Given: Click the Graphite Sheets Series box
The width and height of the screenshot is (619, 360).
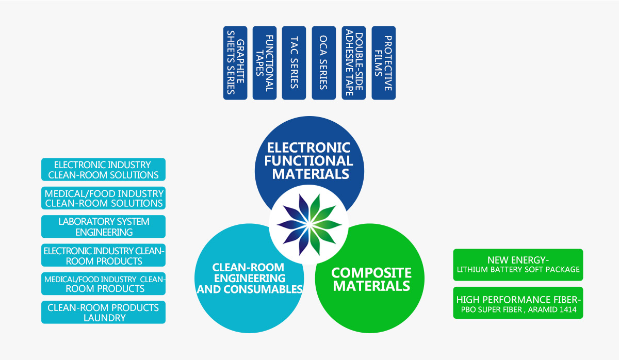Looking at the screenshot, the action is click(235, 63).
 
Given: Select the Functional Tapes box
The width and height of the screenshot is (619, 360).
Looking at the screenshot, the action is click(265, 63).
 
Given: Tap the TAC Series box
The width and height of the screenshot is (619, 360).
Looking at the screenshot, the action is click(294, 63).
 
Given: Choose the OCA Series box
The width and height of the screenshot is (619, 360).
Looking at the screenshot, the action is click(323, 63).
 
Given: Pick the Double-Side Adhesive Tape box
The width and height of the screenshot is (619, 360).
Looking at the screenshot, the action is click(354, 63).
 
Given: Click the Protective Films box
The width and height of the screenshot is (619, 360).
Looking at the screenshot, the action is click(384, 63).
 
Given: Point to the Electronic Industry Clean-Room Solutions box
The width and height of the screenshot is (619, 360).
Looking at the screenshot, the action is click(103, 169).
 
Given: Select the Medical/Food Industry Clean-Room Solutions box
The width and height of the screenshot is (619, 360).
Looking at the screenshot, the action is click(103, 198).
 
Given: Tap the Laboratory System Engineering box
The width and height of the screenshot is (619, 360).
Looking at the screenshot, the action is click(103, 226).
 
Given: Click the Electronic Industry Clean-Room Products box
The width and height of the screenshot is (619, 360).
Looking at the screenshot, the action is click(103, 255).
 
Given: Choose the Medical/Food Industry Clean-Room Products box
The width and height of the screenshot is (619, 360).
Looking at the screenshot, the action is click(103, 284).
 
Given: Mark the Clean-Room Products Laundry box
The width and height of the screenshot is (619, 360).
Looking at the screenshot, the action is click(103, 312).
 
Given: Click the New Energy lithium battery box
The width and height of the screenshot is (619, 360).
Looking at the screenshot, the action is click(518, 265).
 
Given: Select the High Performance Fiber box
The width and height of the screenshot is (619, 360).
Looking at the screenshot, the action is click(518, 303).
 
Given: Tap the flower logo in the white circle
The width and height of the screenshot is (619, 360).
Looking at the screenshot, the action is click(309, 225).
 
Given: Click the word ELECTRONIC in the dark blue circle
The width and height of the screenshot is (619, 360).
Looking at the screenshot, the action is click(308, 148).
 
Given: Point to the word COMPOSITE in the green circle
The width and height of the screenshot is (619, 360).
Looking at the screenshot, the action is click(371, 273).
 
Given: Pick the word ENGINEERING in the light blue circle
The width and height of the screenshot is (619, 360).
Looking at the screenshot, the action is click(250, 278).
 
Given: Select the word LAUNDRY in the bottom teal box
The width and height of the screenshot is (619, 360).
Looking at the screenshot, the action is click(104, 318).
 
